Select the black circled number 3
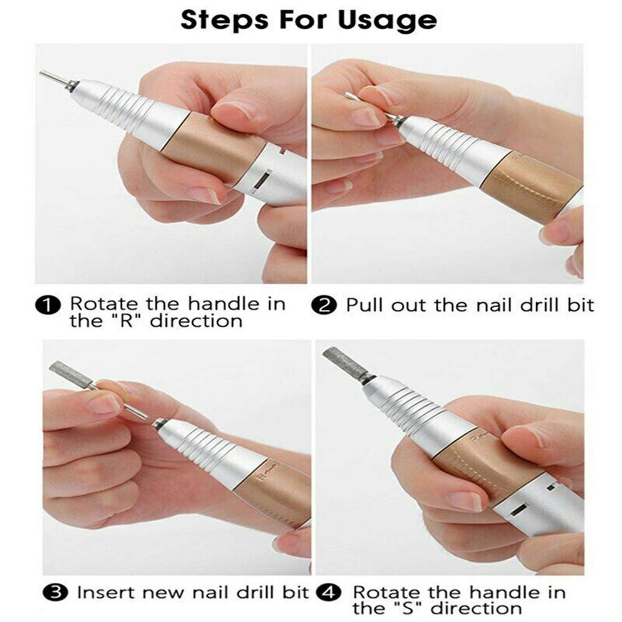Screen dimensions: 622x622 (x=58, y=592)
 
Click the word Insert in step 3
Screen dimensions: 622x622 (x=104, y=592)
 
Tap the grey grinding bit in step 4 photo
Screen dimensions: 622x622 (x=340, y=361)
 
